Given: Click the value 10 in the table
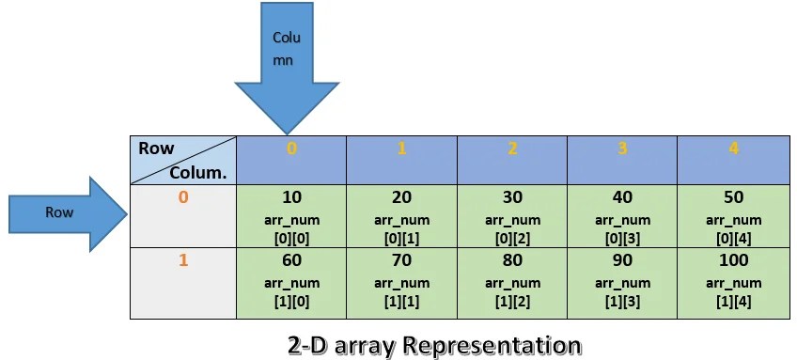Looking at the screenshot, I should click(291, 197).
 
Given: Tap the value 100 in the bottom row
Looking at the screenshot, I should click(734, 260).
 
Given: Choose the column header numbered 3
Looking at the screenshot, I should click(624, 149).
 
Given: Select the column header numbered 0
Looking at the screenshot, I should click(291, 149).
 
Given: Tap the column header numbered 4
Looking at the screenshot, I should click(734, 149).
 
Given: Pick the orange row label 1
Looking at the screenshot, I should click(183, 260).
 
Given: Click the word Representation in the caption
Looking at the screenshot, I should click(491, 344).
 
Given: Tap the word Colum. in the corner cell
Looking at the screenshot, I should click(198, 172).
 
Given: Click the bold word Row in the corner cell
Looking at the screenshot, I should click(156, 149).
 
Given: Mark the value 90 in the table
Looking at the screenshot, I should click(624, 260).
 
